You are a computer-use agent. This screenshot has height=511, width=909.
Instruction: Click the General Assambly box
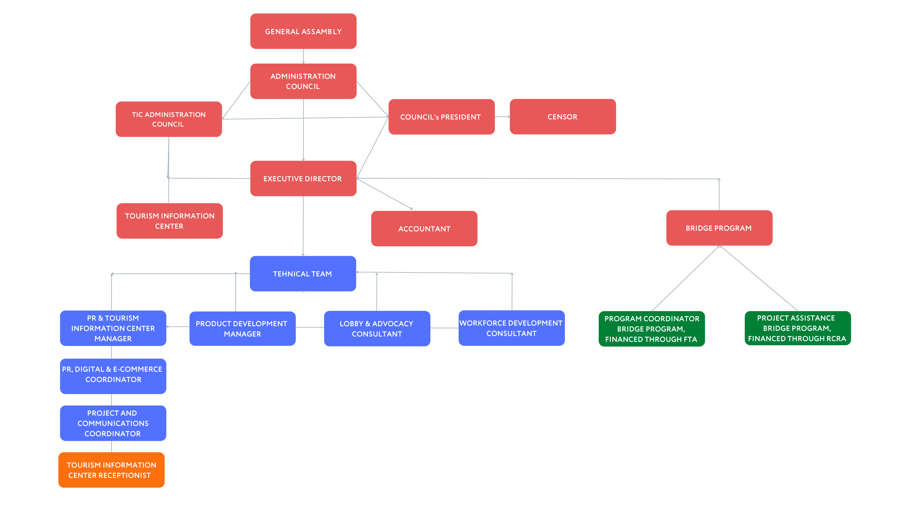303,31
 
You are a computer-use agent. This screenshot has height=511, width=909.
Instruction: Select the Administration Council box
303,81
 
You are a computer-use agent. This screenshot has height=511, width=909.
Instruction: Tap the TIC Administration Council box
169,119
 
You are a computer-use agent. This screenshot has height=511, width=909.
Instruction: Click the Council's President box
441,117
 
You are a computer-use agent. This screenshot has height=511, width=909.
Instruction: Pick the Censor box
563,117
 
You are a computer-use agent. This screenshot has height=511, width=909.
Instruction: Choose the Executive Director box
303,178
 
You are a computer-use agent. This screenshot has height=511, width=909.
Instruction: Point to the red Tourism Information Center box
169,221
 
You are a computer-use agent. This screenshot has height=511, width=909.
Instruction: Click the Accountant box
424,228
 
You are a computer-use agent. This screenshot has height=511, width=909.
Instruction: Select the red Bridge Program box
719,228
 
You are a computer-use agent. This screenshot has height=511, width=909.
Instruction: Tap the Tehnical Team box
303,273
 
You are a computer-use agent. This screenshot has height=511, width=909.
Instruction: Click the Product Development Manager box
242,328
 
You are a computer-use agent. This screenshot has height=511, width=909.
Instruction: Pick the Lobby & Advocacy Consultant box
377,328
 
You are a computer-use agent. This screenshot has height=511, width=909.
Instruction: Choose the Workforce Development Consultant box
511,328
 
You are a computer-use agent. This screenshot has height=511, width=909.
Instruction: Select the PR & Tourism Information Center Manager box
113,328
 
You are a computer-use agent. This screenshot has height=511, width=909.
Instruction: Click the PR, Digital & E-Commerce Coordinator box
113,376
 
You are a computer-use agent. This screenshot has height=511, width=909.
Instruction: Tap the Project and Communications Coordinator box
113,423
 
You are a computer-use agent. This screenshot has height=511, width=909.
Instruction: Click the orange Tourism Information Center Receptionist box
111,470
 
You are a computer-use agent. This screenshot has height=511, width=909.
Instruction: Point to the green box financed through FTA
651,329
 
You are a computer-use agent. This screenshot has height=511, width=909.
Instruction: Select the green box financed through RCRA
797,328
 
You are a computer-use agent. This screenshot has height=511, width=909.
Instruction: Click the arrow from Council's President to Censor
502,117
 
